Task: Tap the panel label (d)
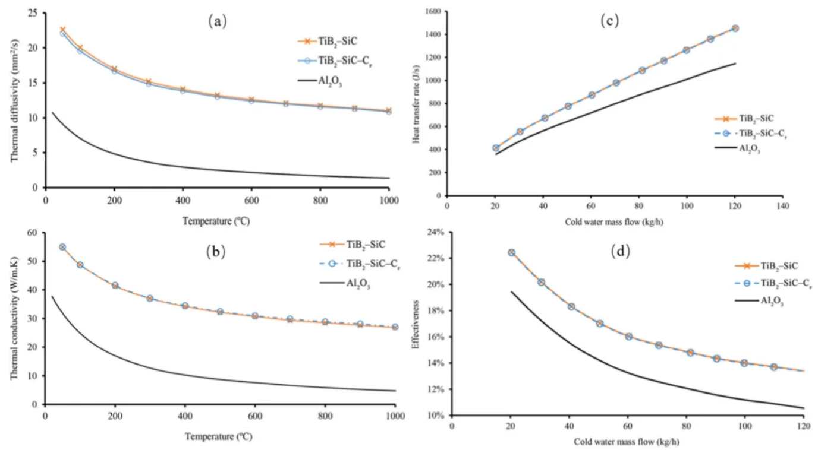point(621,251)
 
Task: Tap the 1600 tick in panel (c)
point(430,12)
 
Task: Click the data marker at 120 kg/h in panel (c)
point(735,28)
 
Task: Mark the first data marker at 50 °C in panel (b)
point(62,247)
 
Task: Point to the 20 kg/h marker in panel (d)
point(511,252)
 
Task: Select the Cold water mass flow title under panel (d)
point(627,442)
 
